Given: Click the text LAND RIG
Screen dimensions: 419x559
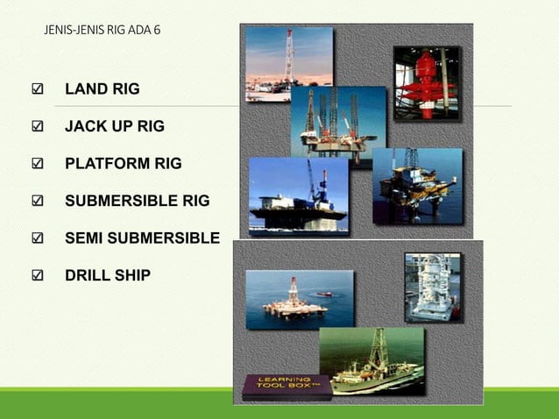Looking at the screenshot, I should pos(103,89).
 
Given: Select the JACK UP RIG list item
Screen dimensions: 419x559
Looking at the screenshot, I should pos(115,126).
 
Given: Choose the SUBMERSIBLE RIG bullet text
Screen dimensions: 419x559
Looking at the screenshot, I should pos(138,202).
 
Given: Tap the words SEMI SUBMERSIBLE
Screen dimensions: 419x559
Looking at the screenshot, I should pos(142,238).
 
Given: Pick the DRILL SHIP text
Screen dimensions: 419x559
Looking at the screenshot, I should pos(108,276).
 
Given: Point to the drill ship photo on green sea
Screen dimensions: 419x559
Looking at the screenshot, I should pos(371,359).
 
